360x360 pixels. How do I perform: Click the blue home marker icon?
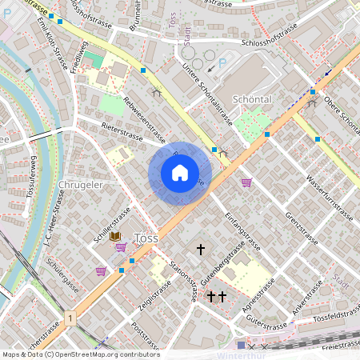click(x=180, y=173)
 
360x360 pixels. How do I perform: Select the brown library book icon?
click(x=115, y=237)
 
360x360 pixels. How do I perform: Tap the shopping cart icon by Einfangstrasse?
click(x=246, y=182)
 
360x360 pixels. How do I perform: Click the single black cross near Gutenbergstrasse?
click(x=200, y=250)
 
